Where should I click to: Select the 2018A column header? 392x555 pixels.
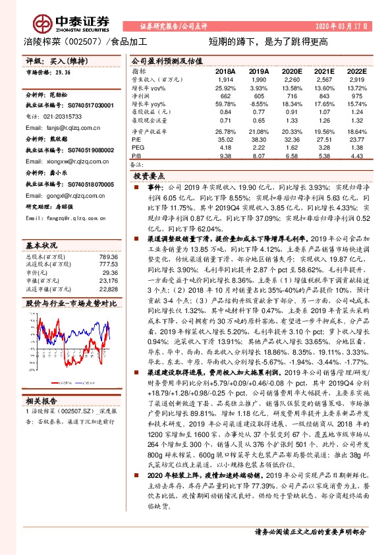225,71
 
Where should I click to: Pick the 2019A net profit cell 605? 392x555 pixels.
260,96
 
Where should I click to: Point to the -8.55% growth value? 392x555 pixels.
258,104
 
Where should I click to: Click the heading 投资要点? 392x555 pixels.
148,177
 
